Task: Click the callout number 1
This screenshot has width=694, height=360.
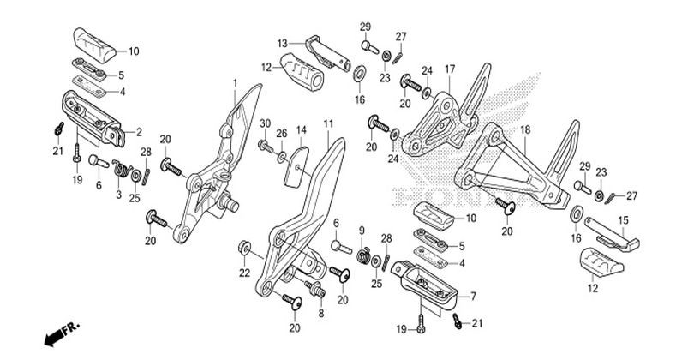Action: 236,83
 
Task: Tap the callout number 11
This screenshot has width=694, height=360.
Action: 328,124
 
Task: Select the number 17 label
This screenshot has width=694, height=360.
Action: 450,69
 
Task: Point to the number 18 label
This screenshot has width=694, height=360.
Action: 525,130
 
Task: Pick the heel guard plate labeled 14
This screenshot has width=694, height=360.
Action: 296,167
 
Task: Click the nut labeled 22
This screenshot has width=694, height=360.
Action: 244,249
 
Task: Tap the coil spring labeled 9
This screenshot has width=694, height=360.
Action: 363,256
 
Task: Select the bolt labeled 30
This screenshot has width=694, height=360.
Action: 266,145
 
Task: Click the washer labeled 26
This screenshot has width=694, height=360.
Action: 282,156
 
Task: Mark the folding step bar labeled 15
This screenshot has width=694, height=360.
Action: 612,234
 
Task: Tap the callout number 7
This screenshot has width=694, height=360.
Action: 473,297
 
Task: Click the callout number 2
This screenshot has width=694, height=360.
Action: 139,132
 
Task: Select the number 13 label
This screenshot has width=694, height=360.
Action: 283,44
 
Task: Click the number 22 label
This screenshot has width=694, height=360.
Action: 244,273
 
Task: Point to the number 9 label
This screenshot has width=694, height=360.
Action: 362,231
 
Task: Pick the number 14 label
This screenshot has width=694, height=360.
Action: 302,130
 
